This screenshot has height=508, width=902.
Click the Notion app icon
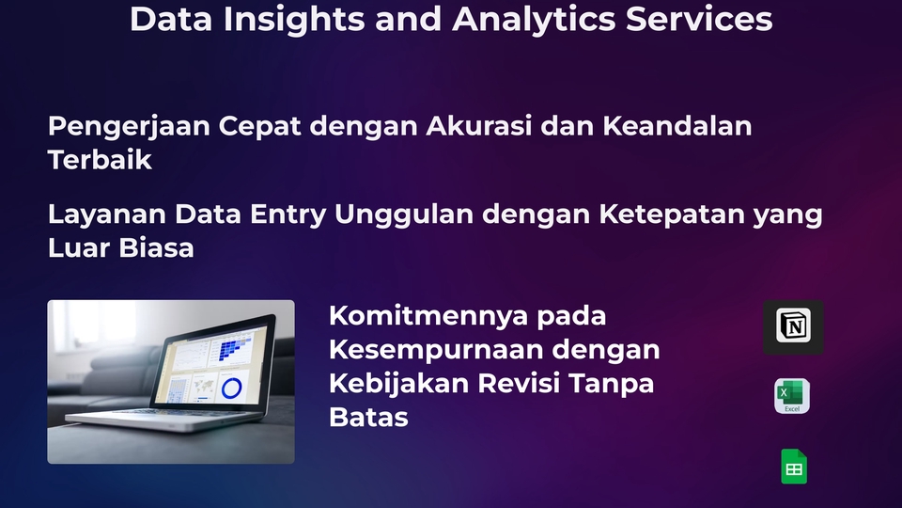tap(793, 327)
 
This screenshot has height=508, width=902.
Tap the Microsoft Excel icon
tap(792, 396)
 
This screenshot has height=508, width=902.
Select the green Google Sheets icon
tap(794, 467)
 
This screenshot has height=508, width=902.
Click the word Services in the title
tap(699, 19)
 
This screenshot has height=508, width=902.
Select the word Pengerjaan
tap(130, 126)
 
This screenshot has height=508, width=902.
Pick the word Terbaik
tap(100, 160)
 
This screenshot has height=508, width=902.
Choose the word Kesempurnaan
tap(435, 350)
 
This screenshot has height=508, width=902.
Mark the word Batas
tap(368, 418)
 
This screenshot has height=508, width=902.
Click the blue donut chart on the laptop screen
tap(230, 386)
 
